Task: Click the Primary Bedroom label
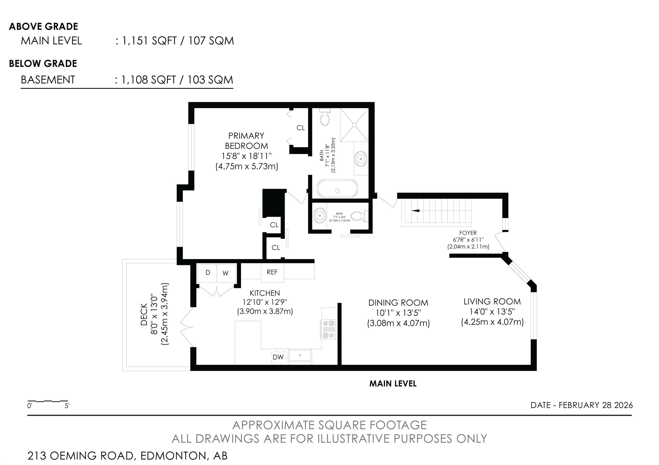click(x=246, y=141)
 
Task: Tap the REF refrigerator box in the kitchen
click(x=272, y=272)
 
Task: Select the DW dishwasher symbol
click(x=278, y=357)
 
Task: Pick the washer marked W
click(x=226, y=273)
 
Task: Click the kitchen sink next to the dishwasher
click(x=300, y=355)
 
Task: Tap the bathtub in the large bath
click(x=337, y=189)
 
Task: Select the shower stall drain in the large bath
click(x=354, y=125)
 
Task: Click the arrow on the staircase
click(x=416, y=211)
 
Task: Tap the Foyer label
click(x=468, y=233)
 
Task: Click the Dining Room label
click(x=398, y=303)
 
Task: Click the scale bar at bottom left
click(x=48, y=401)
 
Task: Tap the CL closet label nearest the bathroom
click(x=301, y=128)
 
